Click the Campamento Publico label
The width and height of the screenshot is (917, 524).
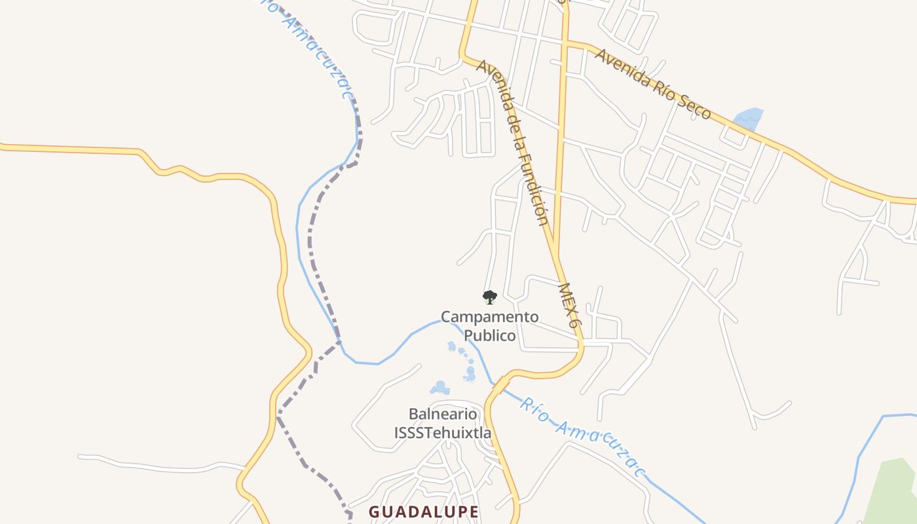490,326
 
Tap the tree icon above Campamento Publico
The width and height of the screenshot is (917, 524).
489,297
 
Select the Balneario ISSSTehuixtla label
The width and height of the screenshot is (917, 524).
443,423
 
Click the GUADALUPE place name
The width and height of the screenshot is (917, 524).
424,512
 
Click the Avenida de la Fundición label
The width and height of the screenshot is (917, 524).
513,141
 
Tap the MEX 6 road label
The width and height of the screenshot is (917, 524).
569,306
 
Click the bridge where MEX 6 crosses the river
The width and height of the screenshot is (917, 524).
500,384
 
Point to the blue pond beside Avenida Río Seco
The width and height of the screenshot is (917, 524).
747,119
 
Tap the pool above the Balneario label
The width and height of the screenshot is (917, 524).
440,388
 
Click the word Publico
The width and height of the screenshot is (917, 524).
490,335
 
